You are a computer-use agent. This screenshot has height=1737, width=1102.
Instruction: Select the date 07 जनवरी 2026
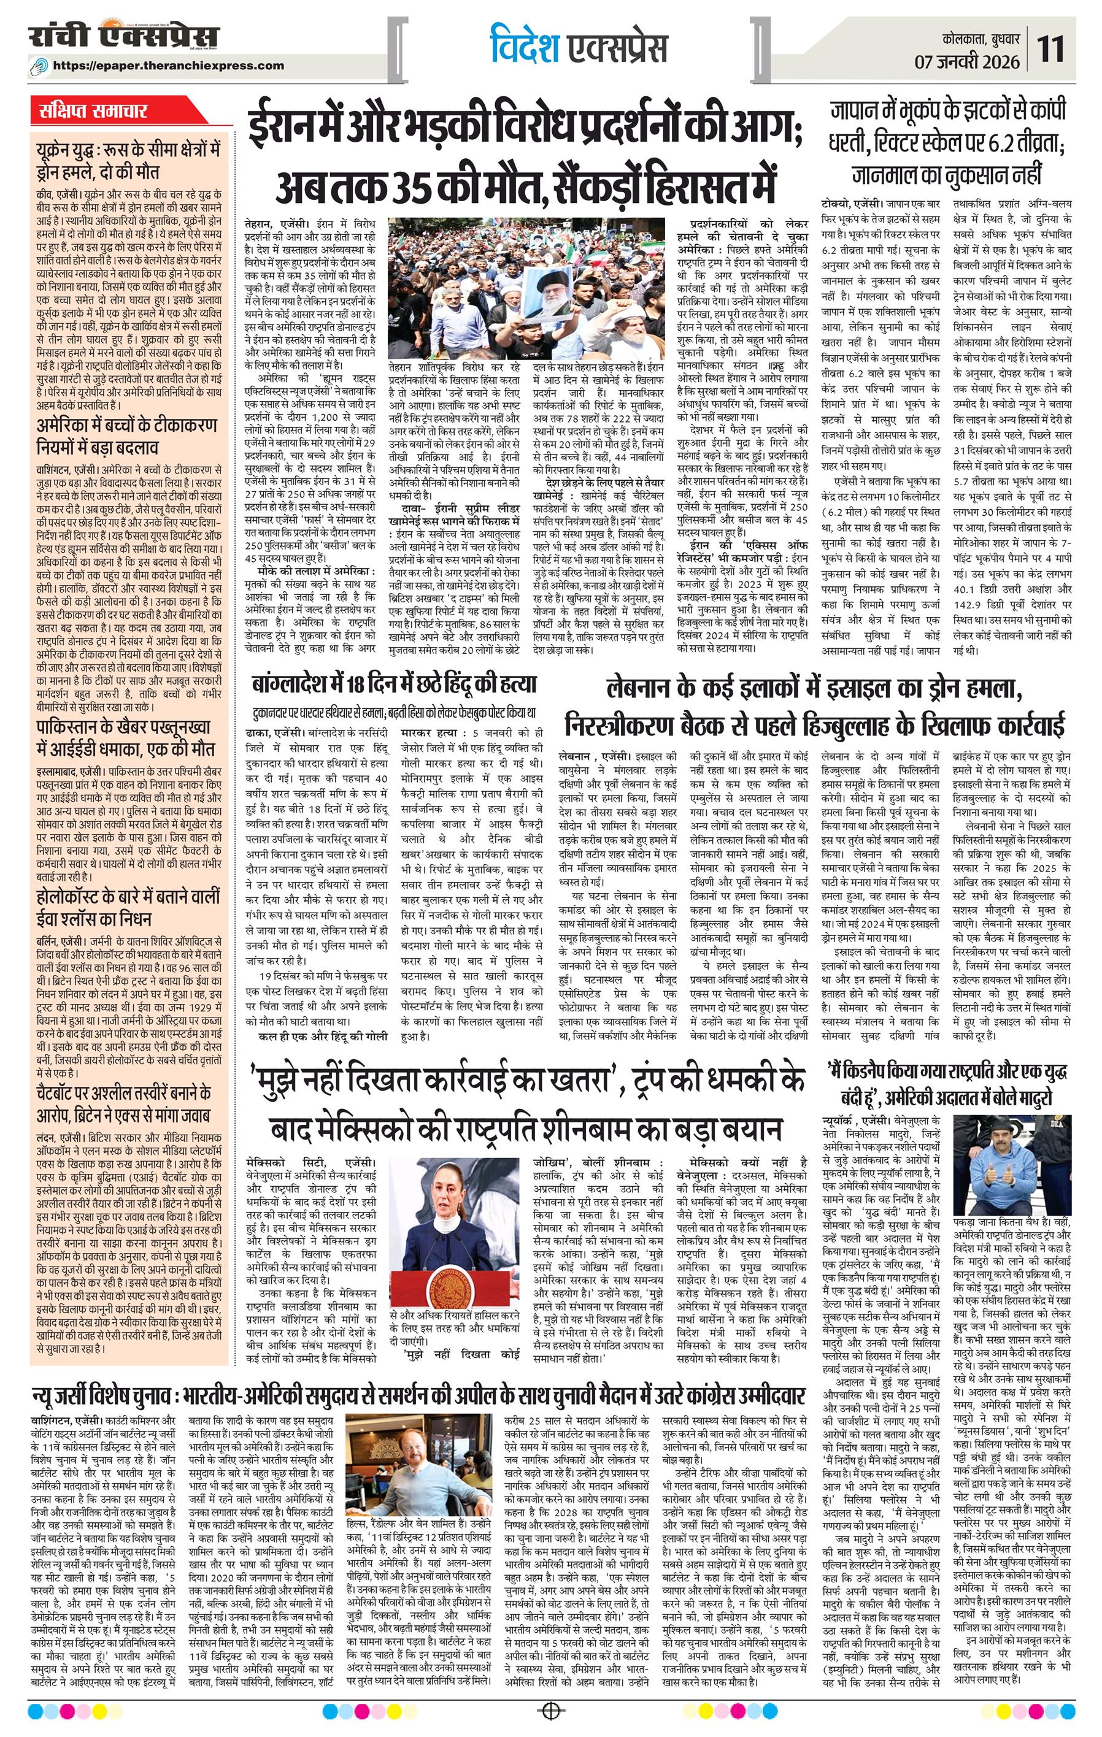966,62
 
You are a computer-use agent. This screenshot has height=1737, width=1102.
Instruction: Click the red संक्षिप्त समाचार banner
94,112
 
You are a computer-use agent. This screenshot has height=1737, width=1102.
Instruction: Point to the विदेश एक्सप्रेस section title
577,45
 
